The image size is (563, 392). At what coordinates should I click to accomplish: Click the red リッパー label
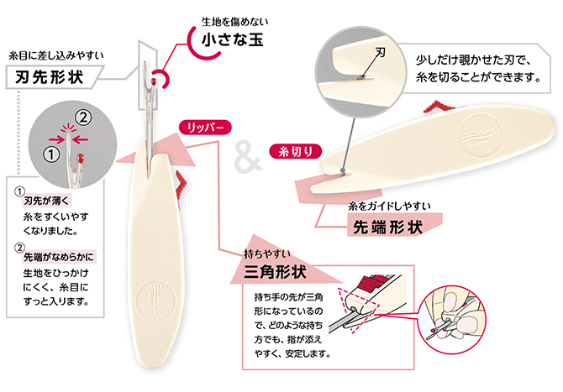[x=203, y=128]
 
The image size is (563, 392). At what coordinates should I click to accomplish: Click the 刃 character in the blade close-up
[x=381, y=51]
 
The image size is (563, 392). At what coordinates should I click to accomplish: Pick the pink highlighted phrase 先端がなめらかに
[x=59, y=258]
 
